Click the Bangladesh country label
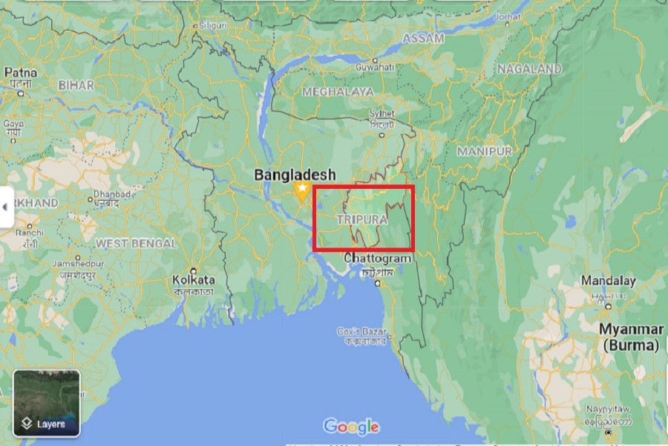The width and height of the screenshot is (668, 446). tap(295, 175)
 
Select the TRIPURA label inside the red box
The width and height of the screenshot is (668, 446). tap(362, 220)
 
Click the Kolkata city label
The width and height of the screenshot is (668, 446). tap(193, 280)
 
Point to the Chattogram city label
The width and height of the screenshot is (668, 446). tap(377, 258)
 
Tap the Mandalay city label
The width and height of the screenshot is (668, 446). tap(608, 281)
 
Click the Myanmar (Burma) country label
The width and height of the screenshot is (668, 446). tap(631, 337)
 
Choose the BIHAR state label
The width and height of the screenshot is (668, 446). tap(76, 85)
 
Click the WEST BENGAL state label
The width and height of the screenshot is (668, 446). tap(136, 243)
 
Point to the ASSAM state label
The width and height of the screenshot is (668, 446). tap(423, 39)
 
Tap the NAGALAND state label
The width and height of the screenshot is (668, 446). tap(529, 68)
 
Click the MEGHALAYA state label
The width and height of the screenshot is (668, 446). tap(338, 91)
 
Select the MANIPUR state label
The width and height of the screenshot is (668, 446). tap(485, 151)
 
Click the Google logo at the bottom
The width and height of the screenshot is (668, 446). tap(352, 427)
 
